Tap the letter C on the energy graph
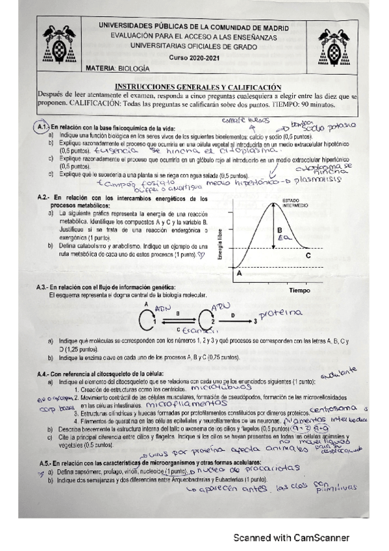[x=344, y=255]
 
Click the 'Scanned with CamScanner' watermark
[x=291, y=538]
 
